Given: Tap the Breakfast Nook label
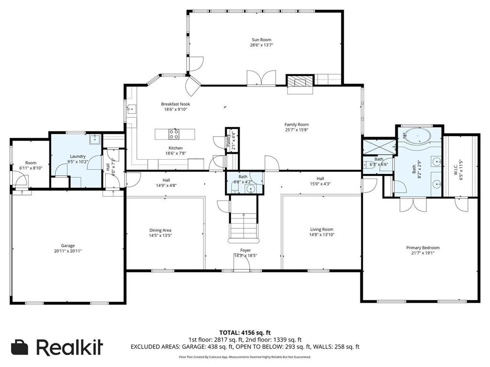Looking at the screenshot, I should [x=175, y=104].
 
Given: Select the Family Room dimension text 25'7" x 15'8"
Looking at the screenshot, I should [x=297, y=130].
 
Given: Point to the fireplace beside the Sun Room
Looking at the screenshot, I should [x=299, y=82].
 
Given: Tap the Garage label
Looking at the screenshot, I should [x=67, y=246].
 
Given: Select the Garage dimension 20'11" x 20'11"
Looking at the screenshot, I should [x=67, y=251].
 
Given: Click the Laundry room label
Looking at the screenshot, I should [x=78, y=156].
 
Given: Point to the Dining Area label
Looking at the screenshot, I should [x=160, y=230].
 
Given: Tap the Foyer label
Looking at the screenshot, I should [x=245, y=250].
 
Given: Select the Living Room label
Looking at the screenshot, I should [x=322, y=229].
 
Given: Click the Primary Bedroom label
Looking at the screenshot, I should [x=423, y=248].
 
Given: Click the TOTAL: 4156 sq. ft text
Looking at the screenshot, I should [x=245, y=333].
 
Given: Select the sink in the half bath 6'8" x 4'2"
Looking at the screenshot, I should [x=252, y=189].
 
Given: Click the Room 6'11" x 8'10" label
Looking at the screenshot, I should [x=31, y=163].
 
